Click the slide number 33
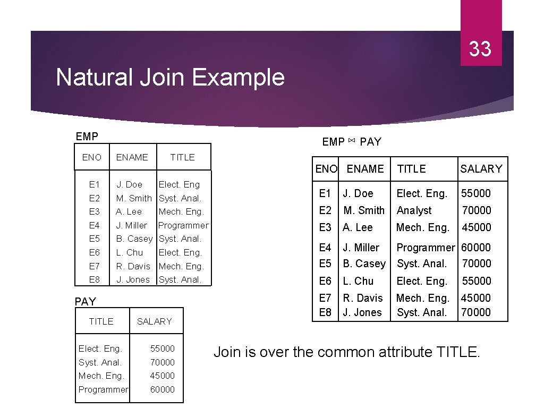point(480,49)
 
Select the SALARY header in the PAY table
point(154,321)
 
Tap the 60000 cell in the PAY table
point(163,389)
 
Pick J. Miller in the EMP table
point(131,225)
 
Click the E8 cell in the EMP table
point(95,279)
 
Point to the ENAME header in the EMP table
point(132,157)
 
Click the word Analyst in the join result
point(414,210)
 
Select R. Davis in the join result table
point(363,298)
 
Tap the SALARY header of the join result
point(481,169)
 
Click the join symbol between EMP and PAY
point(352,141)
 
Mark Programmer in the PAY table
point(103,389)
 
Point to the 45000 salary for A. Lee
point(476,227)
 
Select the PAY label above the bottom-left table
point(86,302)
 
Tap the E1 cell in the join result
point(325,193)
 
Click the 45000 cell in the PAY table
point(163,376)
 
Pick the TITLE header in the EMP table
point(182,157)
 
